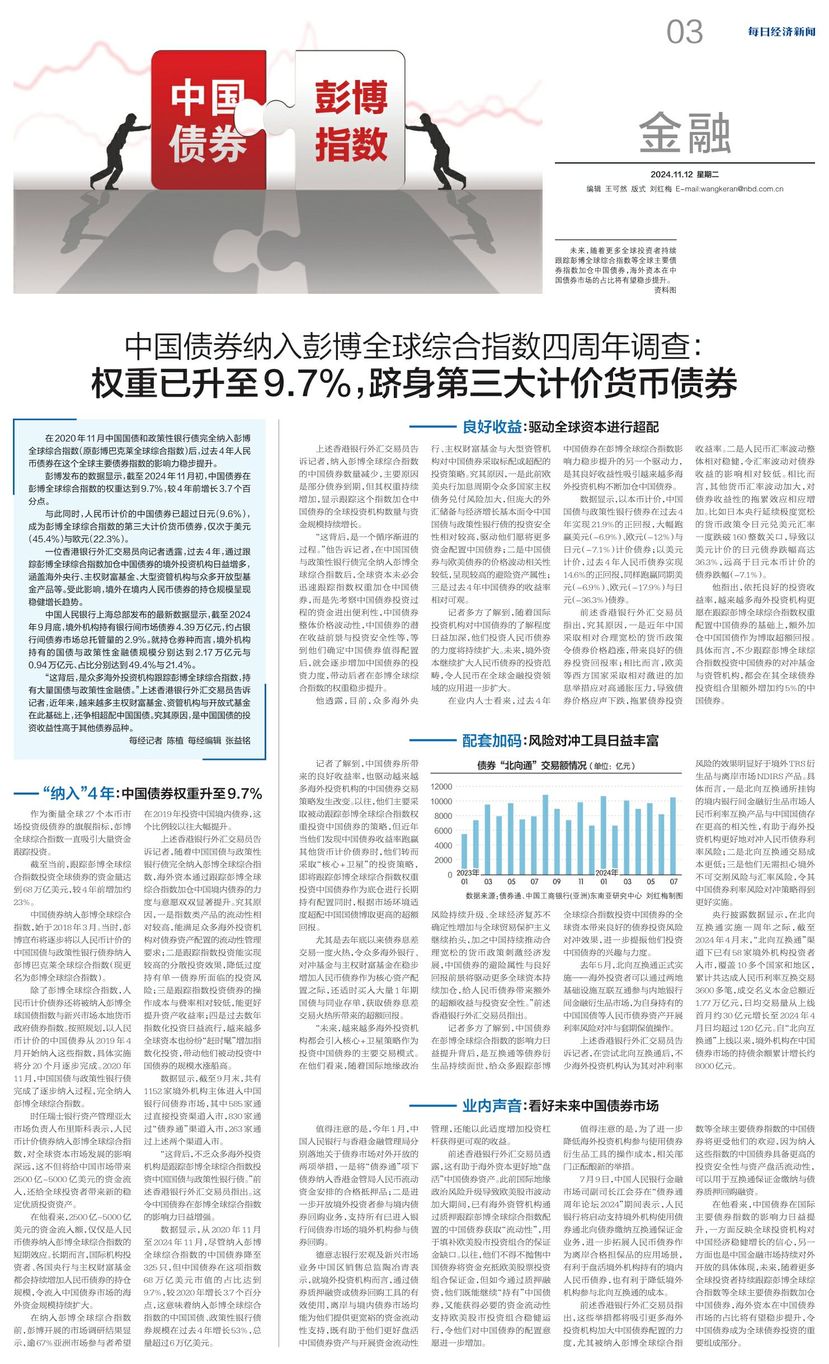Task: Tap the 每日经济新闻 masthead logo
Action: coord(781,32)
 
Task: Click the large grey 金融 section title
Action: coord(685,133)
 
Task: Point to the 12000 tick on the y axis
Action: coord(441,786)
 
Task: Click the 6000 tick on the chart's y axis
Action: coord(442,831)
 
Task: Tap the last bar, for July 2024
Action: coord(673,833)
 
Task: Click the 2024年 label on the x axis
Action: coord(606,873)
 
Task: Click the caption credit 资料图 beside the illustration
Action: coord(665,290)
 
